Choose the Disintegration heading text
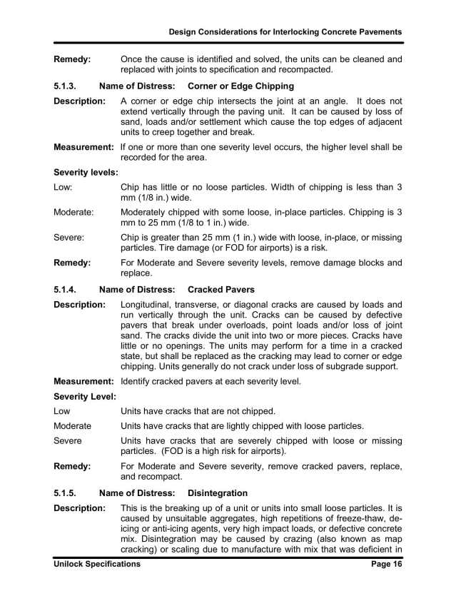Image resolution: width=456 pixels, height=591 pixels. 217,492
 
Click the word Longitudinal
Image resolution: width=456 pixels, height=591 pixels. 150,305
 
